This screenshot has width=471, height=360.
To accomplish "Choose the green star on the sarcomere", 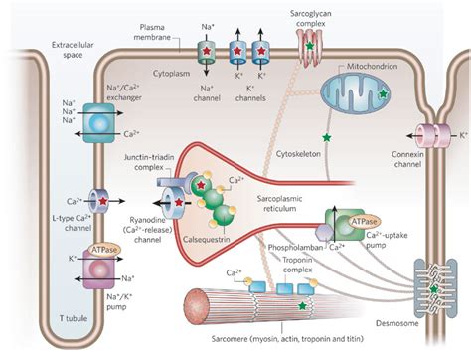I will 301,308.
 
